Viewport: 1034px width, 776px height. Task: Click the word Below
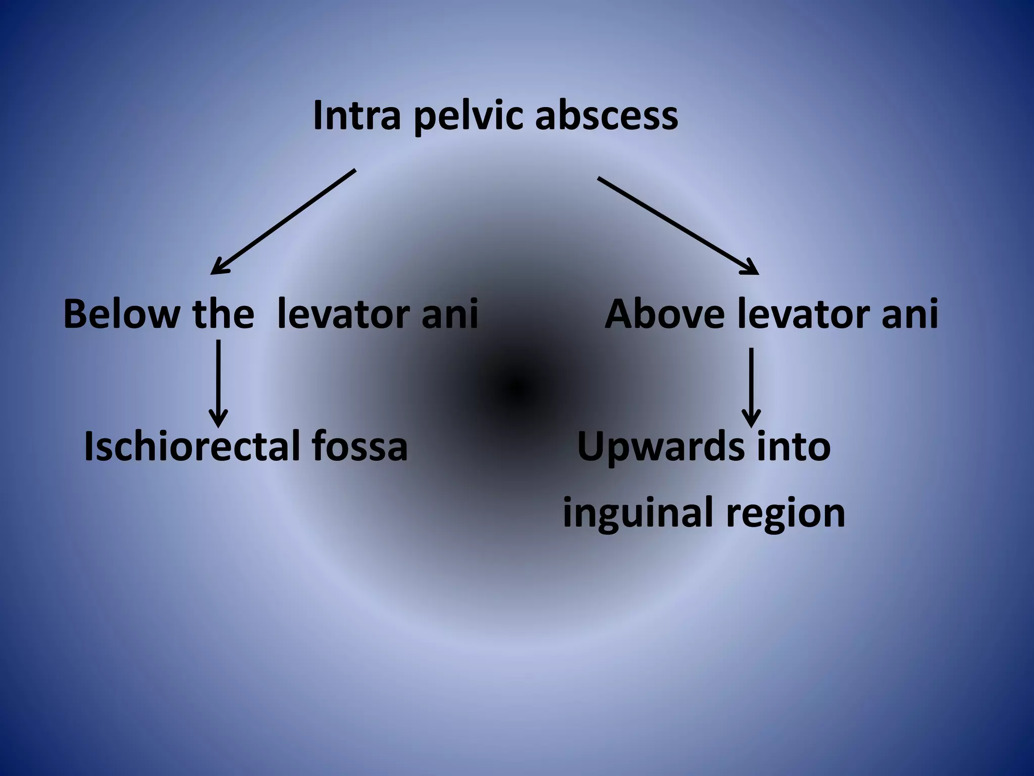(121, 314)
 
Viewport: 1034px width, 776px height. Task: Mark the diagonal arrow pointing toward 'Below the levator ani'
(283, 222)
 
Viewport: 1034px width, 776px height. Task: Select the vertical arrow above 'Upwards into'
(751, 386)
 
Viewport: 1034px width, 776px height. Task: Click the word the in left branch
(223, 314)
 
